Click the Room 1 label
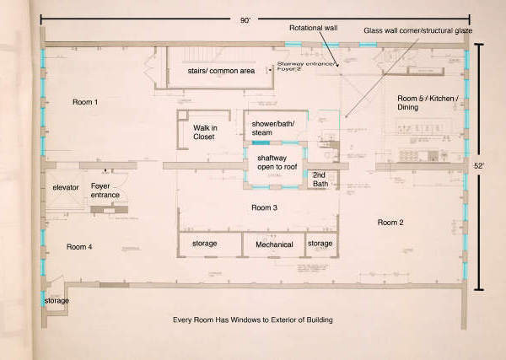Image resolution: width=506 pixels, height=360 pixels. (x=84, y=102)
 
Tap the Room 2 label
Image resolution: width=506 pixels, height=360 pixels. (x=390, y=223)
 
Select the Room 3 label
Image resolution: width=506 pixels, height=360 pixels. (x=266, y=207)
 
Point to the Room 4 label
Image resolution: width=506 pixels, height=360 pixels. (x=79, y=247)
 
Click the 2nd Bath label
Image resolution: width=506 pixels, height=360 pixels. (x=326, y=179)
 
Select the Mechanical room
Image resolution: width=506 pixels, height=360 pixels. (x=275, y=244)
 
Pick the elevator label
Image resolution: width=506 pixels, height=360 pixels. (x=65, y=186)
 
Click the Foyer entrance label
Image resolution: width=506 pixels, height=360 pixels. (x=105, y=191)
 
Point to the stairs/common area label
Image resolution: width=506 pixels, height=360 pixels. (x=221, y=71)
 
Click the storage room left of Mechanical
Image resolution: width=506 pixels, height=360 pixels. (x=205, y=244)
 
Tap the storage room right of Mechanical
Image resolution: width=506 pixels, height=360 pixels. (x=320, y=244)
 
